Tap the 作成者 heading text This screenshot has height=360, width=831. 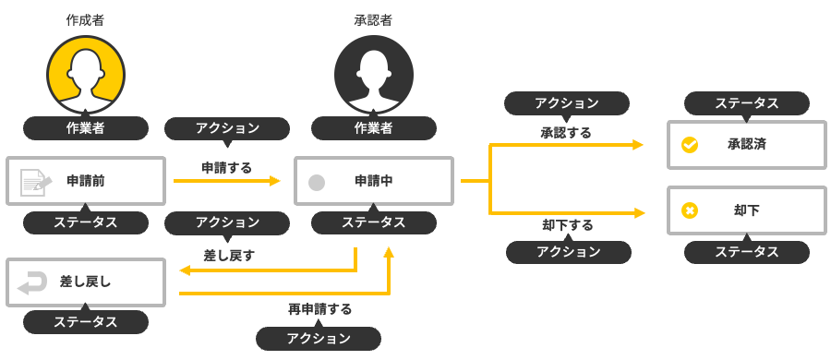85,19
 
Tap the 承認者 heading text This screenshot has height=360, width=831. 373,19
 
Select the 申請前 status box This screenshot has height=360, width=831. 85,181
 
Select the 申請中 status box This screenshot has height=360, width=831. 373,181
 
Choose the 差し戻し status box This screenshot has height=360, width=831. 85,282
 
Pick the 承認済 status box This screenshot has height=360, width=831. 746,145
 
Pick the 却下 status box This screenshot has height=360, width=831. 746,210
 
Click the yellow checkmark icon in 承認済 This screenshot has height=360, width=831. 689,145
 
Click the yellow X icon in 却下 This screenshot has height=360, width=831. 689,210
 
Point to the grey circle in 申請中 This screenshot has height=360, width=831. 316,182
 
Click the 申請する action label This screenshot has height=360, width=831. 226,167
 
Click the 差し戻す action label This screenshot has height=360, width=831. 229,254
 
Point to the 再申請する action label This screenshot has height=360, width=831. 319,308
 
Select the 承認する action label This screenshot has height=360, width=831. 566,133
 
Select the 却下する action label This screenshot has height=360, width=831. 567,224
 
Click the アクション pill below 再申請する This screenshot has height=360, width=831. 319,339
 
